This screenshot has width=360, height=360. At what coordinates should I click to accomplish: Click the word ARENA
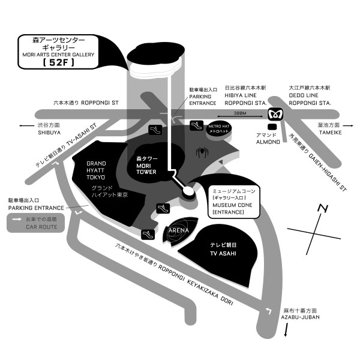pos(178,230)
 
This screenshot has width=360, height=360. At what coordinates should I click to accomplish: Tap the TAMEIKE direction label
pos(328,132)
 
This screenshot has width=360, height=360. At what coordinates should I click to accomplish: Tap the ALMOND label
pos(268,142)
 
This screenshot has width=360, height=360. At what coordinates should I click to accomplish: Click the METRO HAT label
pos(218,128)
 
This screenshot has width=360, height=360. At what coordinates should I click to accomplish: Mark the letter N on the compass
pos(323,209)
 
